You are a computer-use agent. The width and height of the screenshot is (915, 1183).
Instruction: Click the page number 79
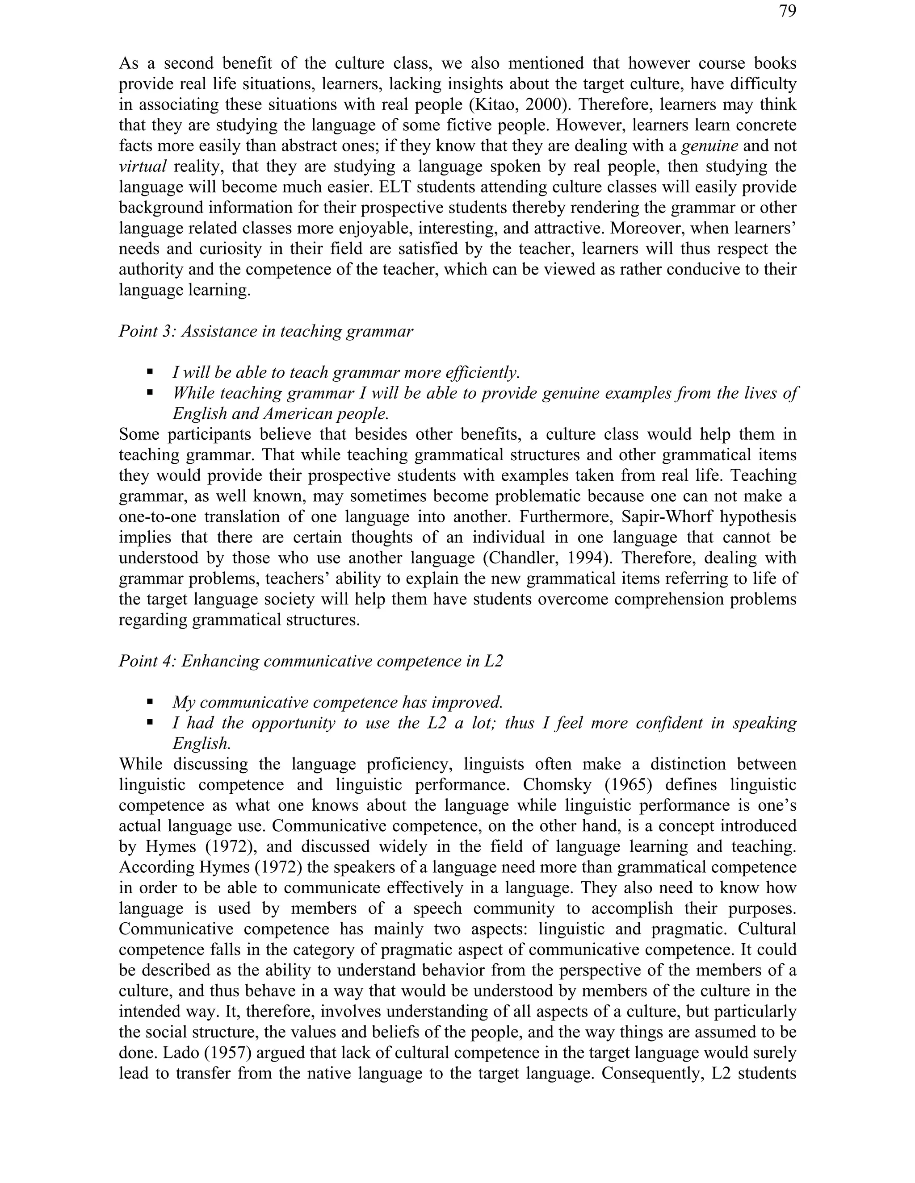(x=788, y=11)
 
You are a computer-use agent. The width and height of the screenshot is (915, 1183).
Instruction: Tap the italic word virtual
(x=143, y=167)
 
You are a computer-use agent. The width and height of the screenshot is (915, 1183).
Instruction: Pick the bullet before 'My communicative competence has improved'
(x=150, y=702)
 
